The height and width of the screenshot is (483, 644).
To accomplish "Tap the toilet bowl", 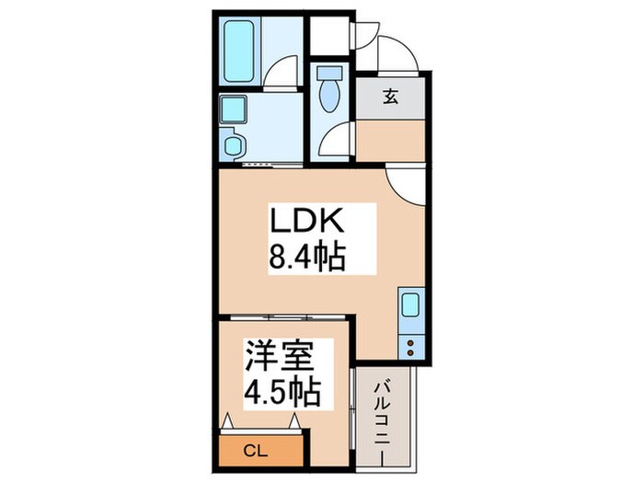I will (328, 96).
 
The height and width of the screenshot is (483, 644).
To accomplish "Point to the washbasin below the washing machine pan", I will (234, 145).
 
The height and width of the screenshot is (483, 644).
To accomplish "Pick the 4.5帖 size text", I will (282, 393).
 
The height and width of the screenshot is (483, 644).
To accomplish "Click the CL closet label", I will (259, 451).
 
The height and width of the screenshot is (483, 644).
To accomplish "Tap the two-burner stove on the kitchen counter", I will (408, 346).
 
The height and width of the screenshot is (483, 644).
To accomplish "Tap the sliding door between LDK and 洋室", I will (285, 317).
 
